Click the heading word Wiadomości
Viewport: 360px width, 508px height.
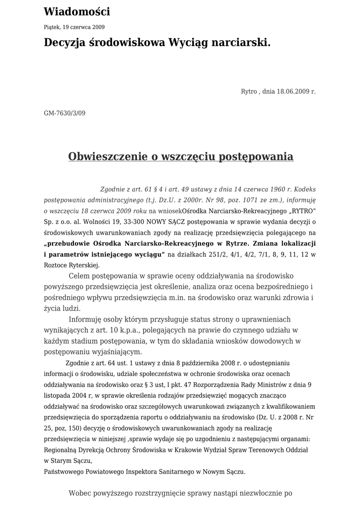coord(77,12)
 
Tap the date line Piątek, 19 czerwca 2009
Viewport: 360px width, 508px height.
coord(74,27)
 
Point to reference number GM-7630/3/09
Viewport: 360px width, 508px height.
coord(65,113)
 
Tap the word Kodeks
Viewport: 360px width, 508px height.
coord(305,189)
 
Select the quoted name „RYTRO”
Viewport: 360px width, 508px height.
coord(300,211)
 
